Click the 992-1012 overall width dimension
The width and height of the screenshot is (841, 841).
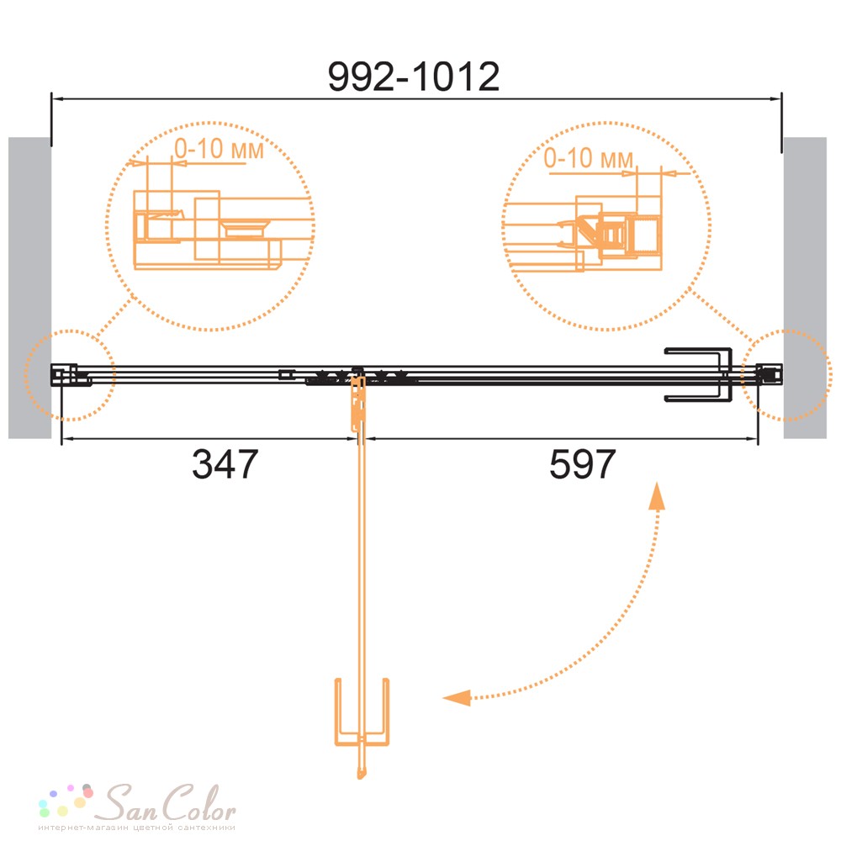click(x=414, y=77)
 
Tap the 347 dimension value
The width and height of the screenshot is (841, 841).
click(x=225, y=464)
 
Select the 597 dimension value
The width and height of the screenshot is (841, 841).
click(x=583, y=464)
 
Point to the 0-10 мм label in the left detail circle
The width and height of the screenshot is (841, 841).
click(x=219, y=149)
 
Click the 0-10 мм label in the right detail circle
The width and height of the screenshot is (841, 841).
click(x=589, y=158)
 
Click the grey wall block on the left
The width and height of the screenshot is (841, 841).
click(x=29, y=288)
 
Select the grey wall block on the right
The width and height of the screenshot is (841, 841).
click(x=805, y=288)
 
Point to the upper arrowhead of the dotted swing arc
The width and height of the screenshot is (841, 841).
click(x=657, y=495)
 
